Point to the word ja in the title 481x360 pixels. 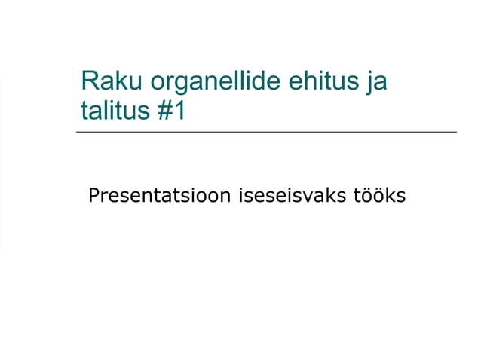pyautogui.click(x=375, y=82)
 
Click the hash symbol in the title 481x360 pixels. pyautogui.click(x=165, y=111)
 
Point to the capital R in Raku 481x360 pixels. pyautogui.click(x=89, y=81)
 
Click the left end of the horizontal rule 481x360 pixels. pyautogui.click(x=77, y=133)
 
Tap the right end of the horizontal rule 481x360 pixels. pyautogui.click(x=456, y=133)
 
